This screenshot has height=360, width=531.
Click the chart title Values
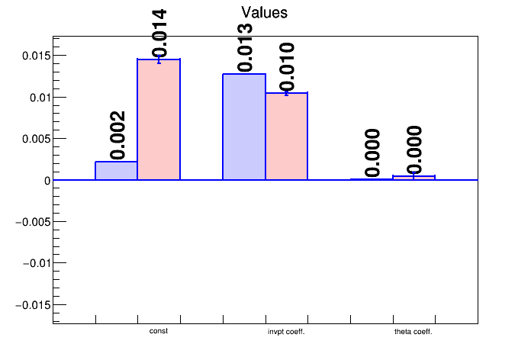tap(265, 12)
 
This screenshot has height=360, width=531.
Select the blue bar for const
tap(116, 171)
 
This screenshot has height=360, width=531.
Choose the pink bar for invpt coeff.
tap(286, 137)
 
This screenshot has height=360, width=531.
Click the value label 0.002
tap(117, 134)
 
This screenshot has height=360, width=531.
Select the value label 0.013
tap(244, 47)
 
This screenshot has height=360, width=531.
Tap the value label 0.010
tap(286, 66)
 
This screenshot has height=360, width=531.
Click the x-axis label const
tap(159, 332)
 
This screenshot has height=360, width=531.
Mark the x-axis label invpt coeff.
tap(286, 333)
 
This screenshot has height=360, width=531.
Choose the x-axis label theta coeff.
tap(414, 333)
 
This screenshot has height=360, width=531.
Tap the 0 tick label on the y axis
tap(47, 181)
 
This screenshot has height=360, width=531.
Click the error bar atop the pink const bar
tap(159, 59)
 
